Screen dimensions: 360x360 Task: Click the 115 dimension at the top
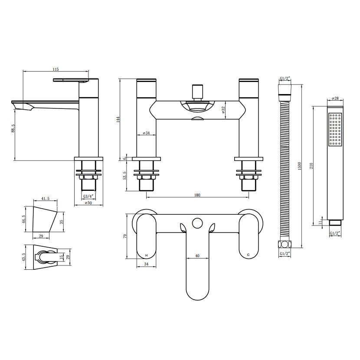tap(56, 69)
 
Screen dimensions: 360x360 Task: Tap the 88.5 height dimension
tap(13, 128)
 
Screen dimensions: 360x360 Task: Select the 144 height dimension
tap(118, 120)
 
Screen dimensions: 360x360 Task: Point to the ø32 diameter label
tap(223, 111)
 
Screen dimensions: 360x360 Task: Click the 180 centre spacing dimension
tap(197, 195)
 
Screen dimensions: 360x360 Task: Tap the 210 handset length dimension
tap(311, 166)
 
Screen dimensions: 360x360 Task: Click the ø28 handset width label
tap(335, 98)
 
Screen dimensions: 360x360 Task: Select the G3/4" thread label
tap(88, 196)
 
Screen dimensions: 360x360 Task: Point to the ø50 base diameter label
tap(88, 203)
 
